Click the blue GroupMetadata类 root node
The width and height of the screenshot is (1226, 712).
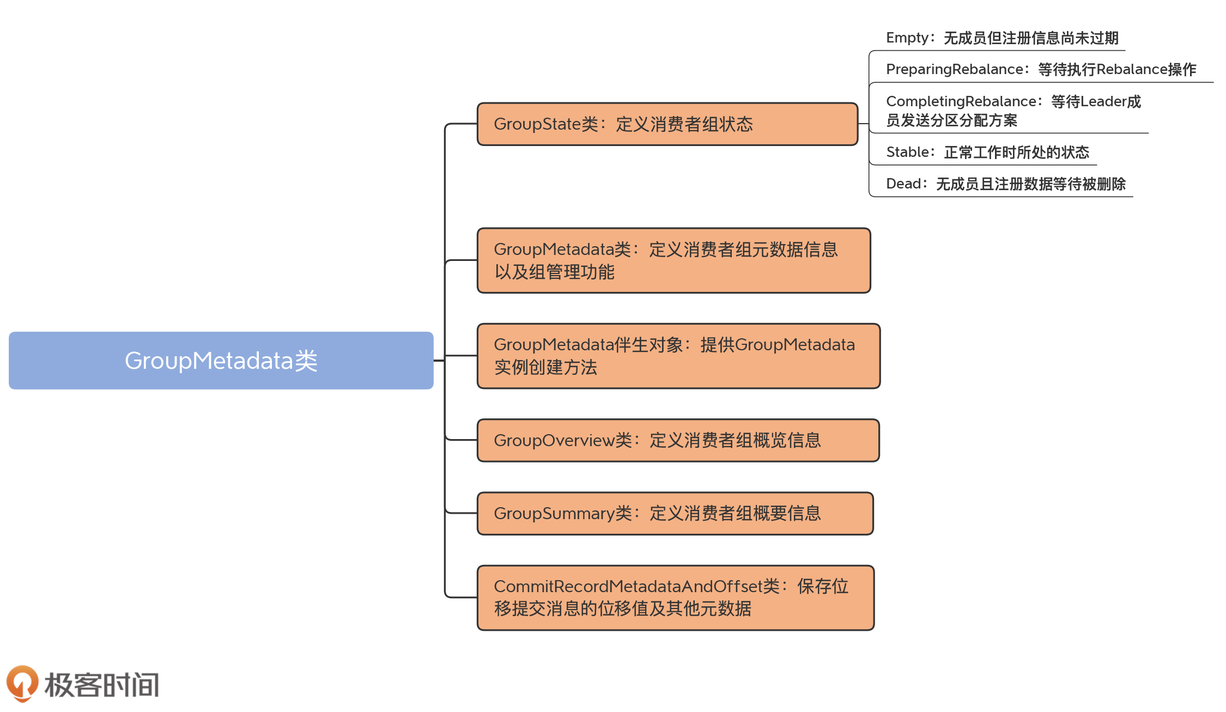pos(221,360)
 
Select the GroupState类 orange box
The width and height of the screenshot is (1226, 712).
pos(667,124)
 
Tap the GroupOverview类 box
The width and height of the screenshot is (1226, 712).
pos(678,440)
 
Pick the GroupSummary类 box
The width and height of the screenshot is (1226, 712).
pos(675,513)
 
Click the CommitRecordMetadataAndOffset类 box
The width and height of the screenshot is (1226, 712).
pos(675,598)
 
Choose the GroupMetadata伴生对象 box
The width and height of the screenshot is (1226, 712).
pos(678,356)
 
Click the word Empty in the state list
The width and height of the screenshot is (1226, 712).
pos(907,38)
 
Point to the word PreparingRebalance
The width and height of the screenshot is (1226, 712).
pos(954,69)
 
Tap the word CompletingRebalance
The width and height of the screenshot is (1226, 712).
pos(961,101)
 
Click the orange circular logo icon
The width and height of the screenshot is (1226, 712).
pos(22,683)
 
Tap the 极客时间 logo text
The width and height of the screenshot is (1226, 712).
pos(102,685)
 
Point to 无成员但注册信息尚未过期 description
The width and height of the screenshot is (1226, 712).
pos(1030,38)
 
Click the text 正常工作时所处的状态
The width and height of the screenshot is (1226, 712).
pos(1016,152)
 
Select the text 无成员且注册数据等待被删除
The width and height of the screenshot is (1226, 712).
pos(1030,184)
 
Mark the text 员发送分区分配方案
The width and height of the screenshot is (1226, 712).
pos(951,120)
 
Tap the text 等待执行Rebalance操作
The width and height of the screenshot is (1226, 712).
pos(1117,70)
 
